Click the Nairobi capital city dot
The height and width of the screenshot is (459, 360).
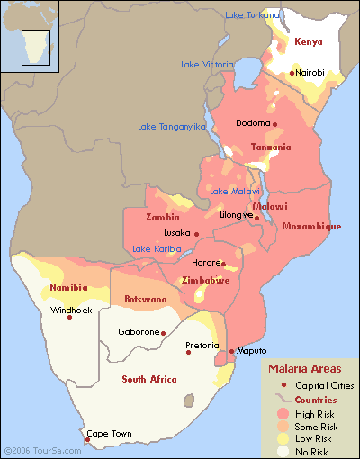tap(291, 73)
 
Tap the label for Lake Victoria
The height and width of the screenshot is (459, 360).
tap(208, 65)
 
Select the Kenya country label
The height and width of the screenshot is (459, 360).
tap(308, 42)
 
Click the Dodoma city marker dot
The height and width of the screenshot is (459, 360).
tap(274, 124)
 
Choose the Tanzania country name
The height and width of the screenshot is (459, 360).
tap(271, 147)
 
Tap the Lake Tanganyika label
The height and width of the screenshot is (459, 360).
tap(172, 127)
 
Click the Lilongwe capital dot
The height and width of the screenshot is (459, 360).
tap(256, 218)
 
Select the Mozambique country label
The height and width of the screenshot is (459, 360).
tap(311, 227)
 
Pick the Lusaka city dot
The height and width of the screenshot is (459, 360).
tap(196, 234)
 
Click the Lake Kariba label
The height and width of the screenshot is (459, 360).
tap(157, 249)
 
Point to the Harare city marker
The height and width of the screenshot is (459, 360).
tap(222, 263)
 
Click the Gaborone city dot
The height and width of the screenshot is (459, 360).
tap(163, 333)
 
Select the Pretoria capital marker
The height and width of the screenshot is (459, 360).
tap(188, 352)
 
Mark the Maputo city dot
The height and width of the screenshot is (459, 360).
tap(231, 352)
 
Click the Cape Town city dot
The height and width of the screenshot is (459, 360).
tap(86, 440)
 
